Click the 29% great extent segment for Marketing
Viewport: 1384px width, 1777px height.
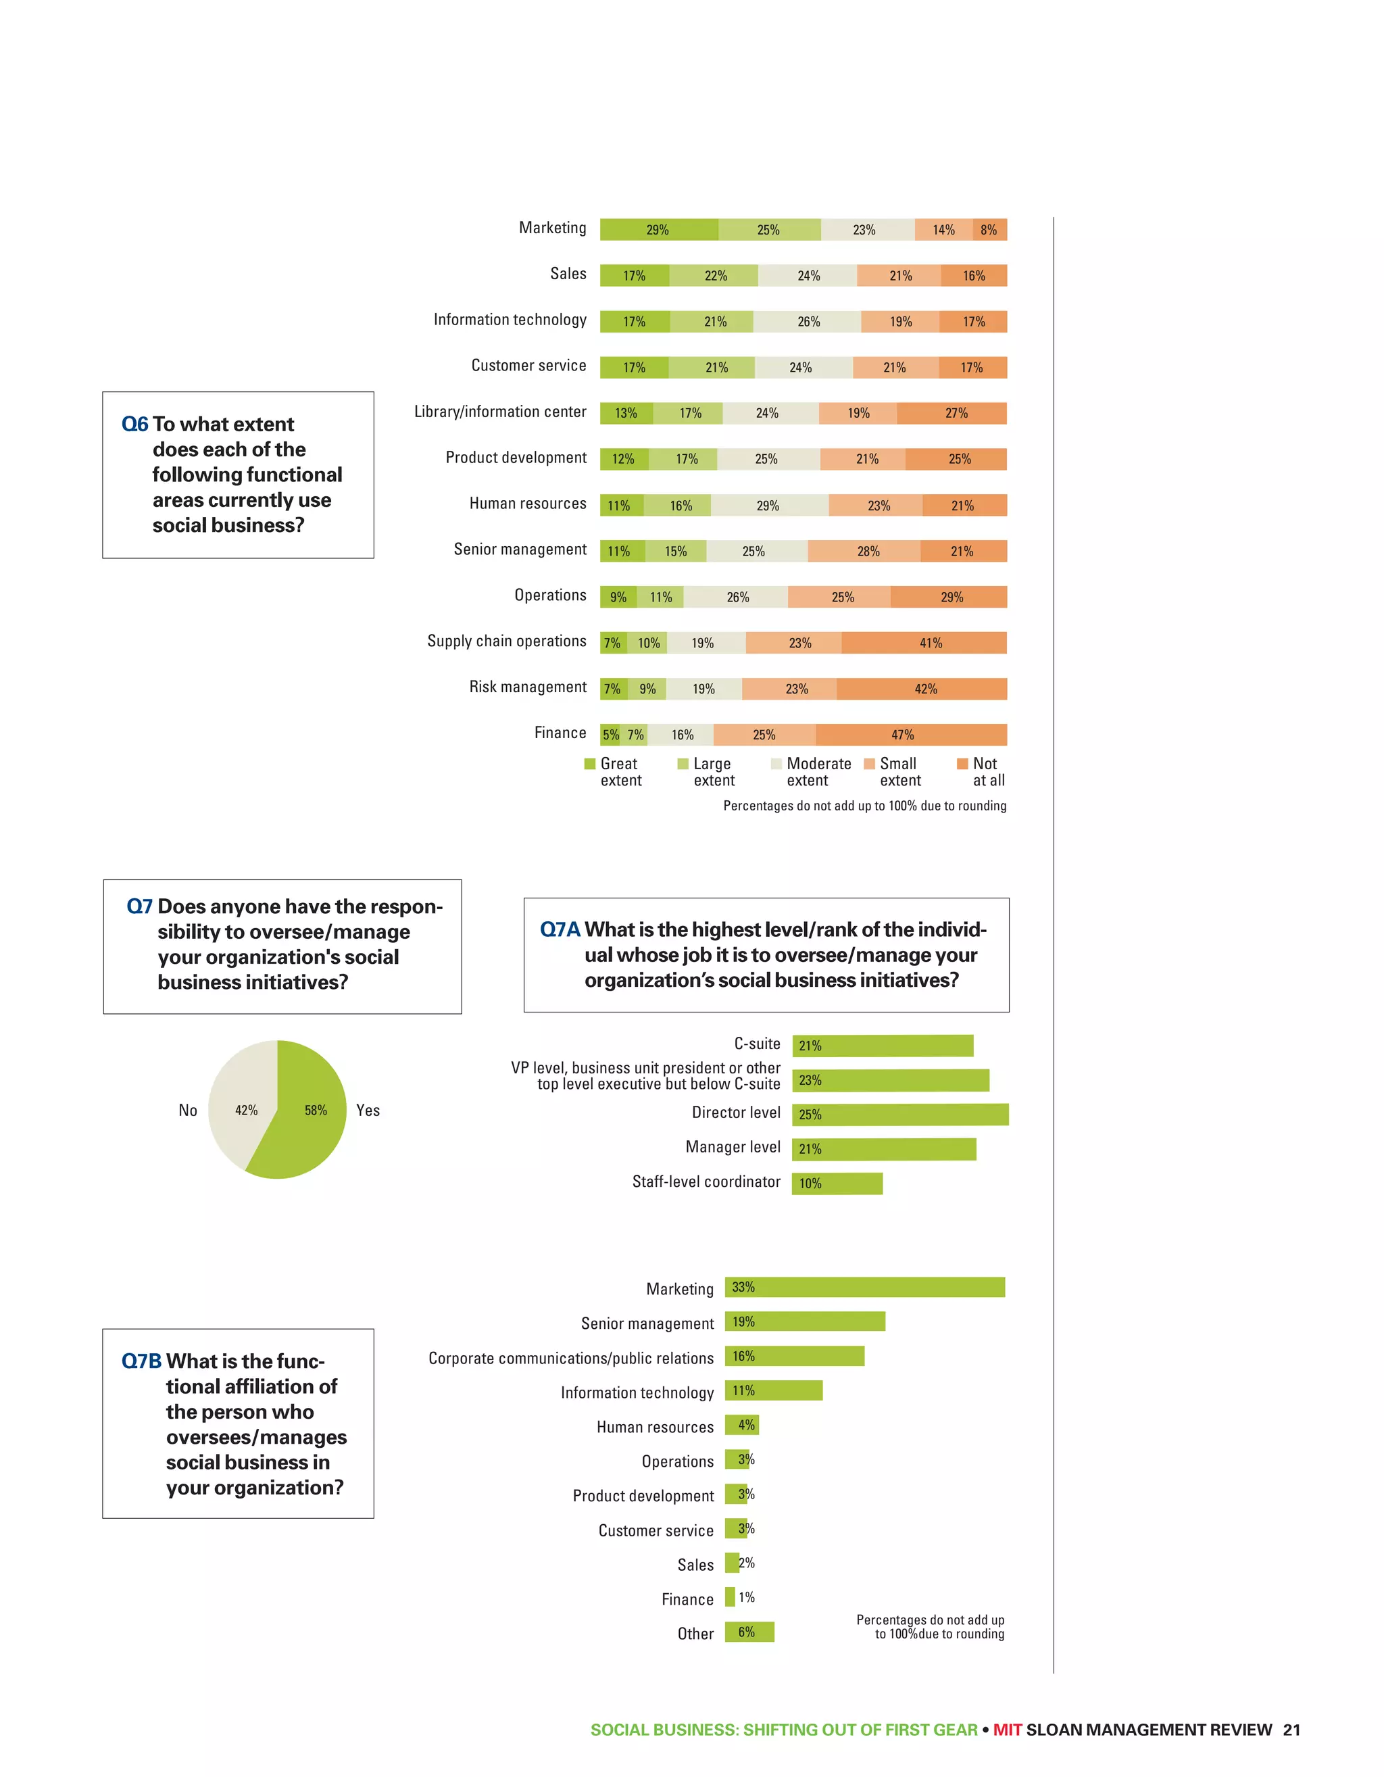tap(659, 229)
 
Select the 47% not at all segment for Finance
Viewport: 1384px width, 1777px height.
tap(910, 735)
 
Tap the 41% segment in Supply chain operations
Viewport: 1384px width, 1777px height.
tap(924, 643)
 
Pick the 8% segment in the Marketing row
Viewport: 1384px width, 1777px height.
tap(989, 229)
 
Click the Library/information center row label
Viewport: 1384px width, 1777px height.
tap(499, 412)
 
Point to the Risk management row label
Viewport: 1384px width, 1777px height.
tap(527, 687)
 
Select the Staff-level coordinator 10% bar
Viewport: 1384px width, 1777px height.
tap(837, 1183)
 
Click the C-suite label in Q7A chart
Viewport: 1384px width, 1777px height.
tap(757, 1044)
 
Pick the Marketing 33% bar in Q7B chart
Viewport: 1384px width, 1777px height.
tap(864, 1287)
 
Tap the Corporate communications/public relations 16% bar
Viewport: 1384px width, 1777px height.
tap(794, 1357)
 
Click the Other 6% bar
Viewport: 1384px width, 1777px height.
tap(749, 1632)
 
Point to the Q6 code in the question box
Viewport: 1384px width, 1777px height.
tap(135, 424)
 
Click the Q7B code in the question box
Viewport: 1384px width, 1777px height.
tap(141, 1361)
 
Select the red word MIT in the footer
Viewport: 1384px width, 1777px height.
tap(1008, 1730)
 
